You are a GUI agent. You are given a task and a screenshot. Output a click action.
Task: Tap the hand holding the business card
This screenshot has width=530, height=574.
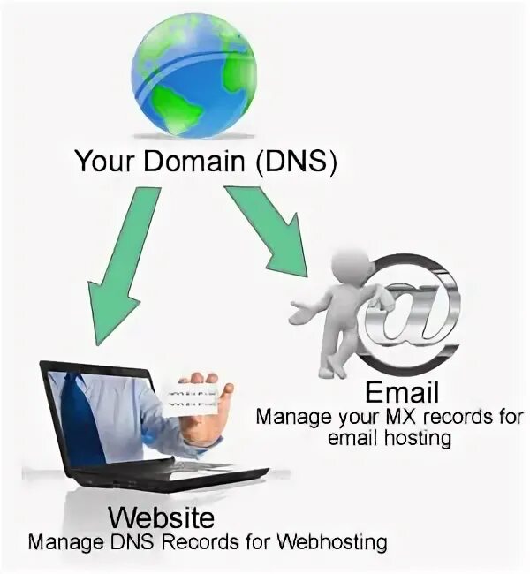coord(208,415)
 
